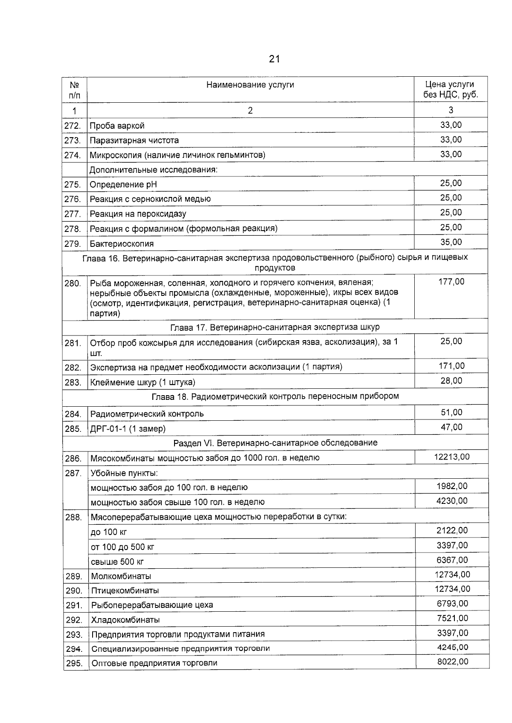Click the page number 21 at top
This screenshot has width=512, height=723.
pos(274,59)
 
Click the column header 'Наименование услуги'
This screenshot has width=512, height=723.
pos(250,85)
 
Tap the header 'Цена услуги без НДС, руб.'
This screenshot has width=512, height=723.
pos(451,90)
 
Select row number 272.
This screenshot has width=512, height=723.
pos(73,126)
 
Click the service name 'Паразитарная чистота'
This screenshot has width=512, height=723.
pos(134,140)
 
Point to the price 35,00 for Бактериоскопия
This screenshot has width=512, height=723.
pos(451,242)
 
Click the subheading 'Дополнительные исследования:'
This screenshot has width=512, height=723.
pos(154,170)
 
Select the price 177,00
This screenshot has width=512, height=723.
pos(451,282)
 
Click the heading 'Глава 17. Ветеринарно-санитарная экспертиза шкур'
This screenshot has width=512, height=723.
pos(275,327)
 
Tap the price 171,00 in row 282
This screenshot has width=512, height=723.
pos(451,366)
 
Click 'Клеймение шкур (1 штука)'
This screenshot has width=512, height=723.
pos(143,382)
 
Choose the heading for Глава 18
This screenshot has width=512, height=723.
pos(275,396)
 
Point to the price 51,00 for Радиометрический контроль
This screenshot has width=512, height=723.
pos(451,413)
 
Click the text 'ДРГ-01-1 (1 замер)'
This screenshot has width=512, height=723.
pos(128,429)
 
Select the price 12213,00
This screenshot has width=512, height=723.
pos(452,457)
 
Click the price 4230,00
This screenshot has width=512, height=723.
pos(452,501)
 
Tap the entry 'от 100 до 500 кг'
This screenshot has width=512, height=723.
pos(122,547)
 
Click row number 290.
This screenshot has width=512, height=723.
pos(74,591)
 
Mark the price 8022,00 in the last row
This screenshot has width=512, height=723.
pos(452,662)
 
